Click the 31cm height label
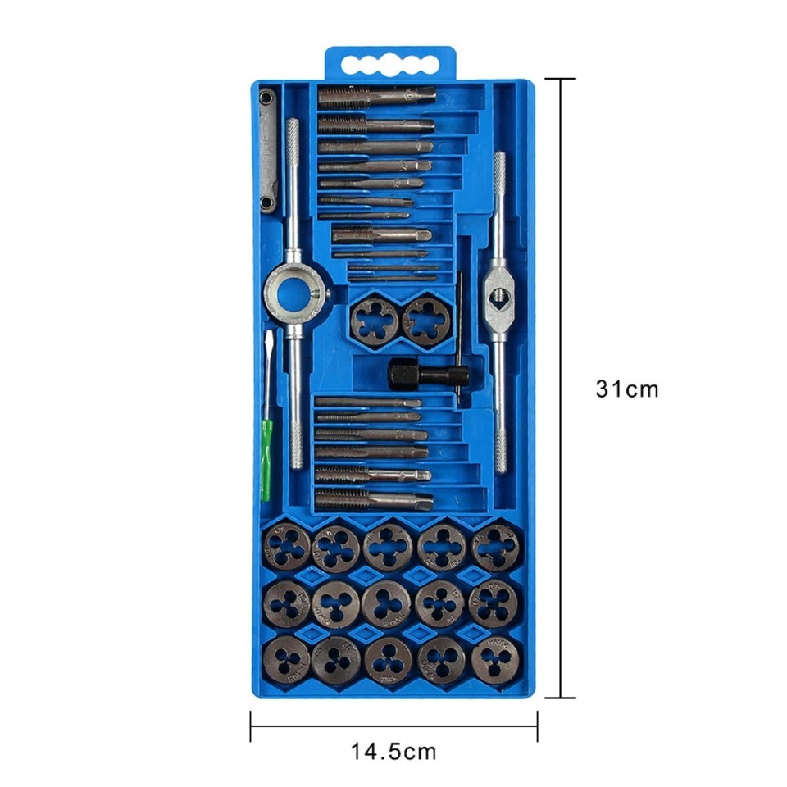626,389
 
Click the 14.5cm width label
393,750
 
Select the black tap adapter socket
405,374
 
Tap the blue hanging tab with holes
390,63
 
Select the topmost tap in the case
376,97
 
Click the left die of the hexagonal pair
375,321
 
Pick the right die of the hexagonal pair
427,320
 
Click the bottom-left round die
288,659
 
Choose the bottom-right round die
496,657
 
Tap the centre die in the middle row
387,603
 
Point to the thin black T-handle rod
459,336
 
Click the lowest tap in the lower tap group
373,499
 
